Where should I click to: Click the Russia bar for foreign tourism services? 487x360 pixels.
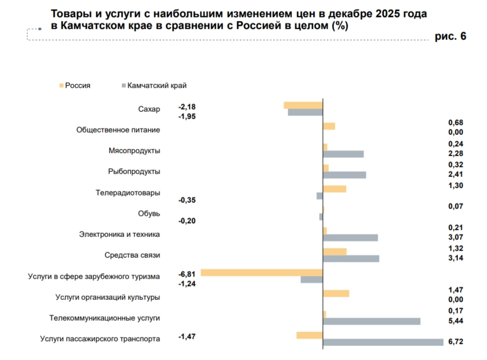click(261, 273)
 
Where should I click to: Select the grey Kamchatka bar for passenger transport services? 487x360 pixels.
click(383, 342)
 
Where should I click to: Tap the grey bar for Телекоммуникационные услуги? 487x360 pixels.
click(371, 321)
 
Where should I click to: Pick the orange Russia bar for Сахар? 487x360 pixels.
click(304, 105)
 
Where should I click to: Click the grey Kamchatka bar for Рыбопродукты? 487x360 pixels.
click(344, 175)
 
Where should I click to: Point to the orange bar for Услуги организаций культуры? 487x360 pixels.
click(336, 294)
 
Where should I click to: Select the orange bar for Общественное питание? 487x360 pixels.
click(329, 126)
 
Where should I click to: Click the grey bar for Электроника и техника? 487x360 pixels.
click(351, 238)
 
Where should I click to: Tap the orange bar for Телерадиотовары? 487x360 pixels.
click(335, 189)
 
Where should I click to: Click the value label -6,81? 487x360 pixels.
click(186, 275)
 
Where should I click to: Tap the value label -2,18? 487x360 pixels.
click(186, 107)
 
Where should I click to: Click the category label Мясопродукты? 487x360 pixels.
click(135, 151)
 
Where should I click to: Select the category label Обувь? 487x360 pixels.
click(149, 213)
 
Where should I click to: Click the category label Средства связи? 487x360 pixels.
click(132, 256)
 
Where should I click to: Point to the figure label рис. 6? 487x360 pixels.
click(451, 37)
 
